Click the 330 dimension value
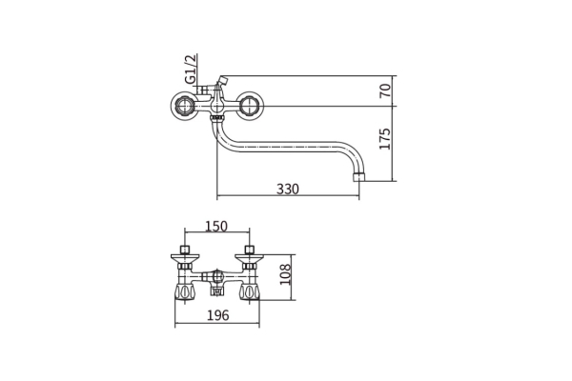pyautogui.click(x=288, y=189)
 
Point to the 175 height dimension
pyautogui.click(x=384, y=138)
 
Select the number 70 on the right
pyautogui.click(x=384, y=90)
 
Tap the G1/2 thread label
pyautogui.click(x=191, y=69)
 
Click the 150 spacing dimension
pyautogui.click(x=216, y=227)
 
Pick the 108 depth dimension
pyautogui.click(x=285, y=274)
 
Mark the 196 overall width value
pyautogui.click(x=217, y=315)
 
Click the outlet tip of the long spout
pyautogui.click(x=359, y=177)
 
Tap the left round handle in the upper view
pyautogui.click(x=185, y=106)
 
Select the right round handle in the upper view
pyautogui.click(x=249, y=106)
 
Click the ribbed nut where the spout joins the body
pyautogui.click(x=217, y=117)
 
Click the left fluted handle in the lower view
pyautogui.click(x=185, y=292)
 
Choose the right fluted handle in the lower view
pyautogui.click(x=250, y=292)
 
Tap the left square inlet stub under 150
pyautogui.click(x=185, y=251)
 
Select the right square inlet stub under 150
pyautogui.click(x=250, y=251)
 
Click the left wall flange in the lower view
pyautogui.click(x=185, y=258)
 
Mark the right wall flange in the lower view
pyautogui.click(x=250, y=258)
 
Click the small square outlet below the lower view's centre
pyautogui.click(x=217, y=291)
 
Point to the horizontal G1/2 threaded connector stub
pyautogui.click(x=202, y=90)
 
